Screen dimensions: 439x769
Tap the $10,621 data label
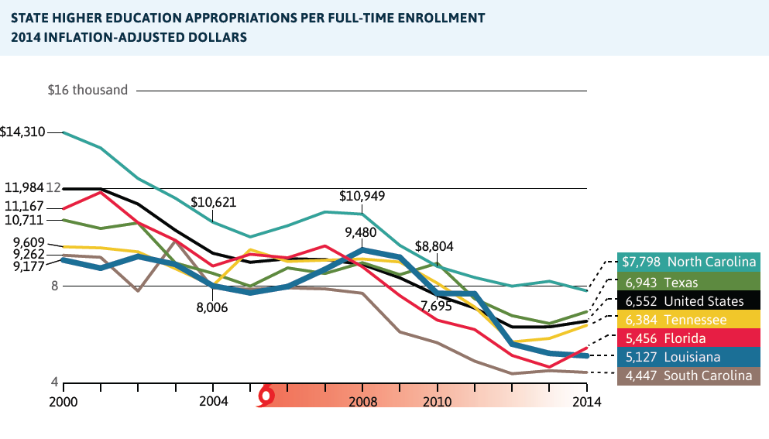tap(213, 202)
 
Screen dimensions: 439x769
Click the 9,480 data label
tap(362, 232)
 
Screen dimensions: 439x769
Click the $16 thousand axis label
tap(88, 90)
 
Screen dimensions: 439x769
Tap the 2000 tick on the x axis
tap(64, 401)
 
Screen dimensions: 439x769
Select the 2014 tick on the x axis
tap(585, 401)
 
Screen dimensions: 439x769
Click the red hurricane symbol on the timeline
tap(266, 396)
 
